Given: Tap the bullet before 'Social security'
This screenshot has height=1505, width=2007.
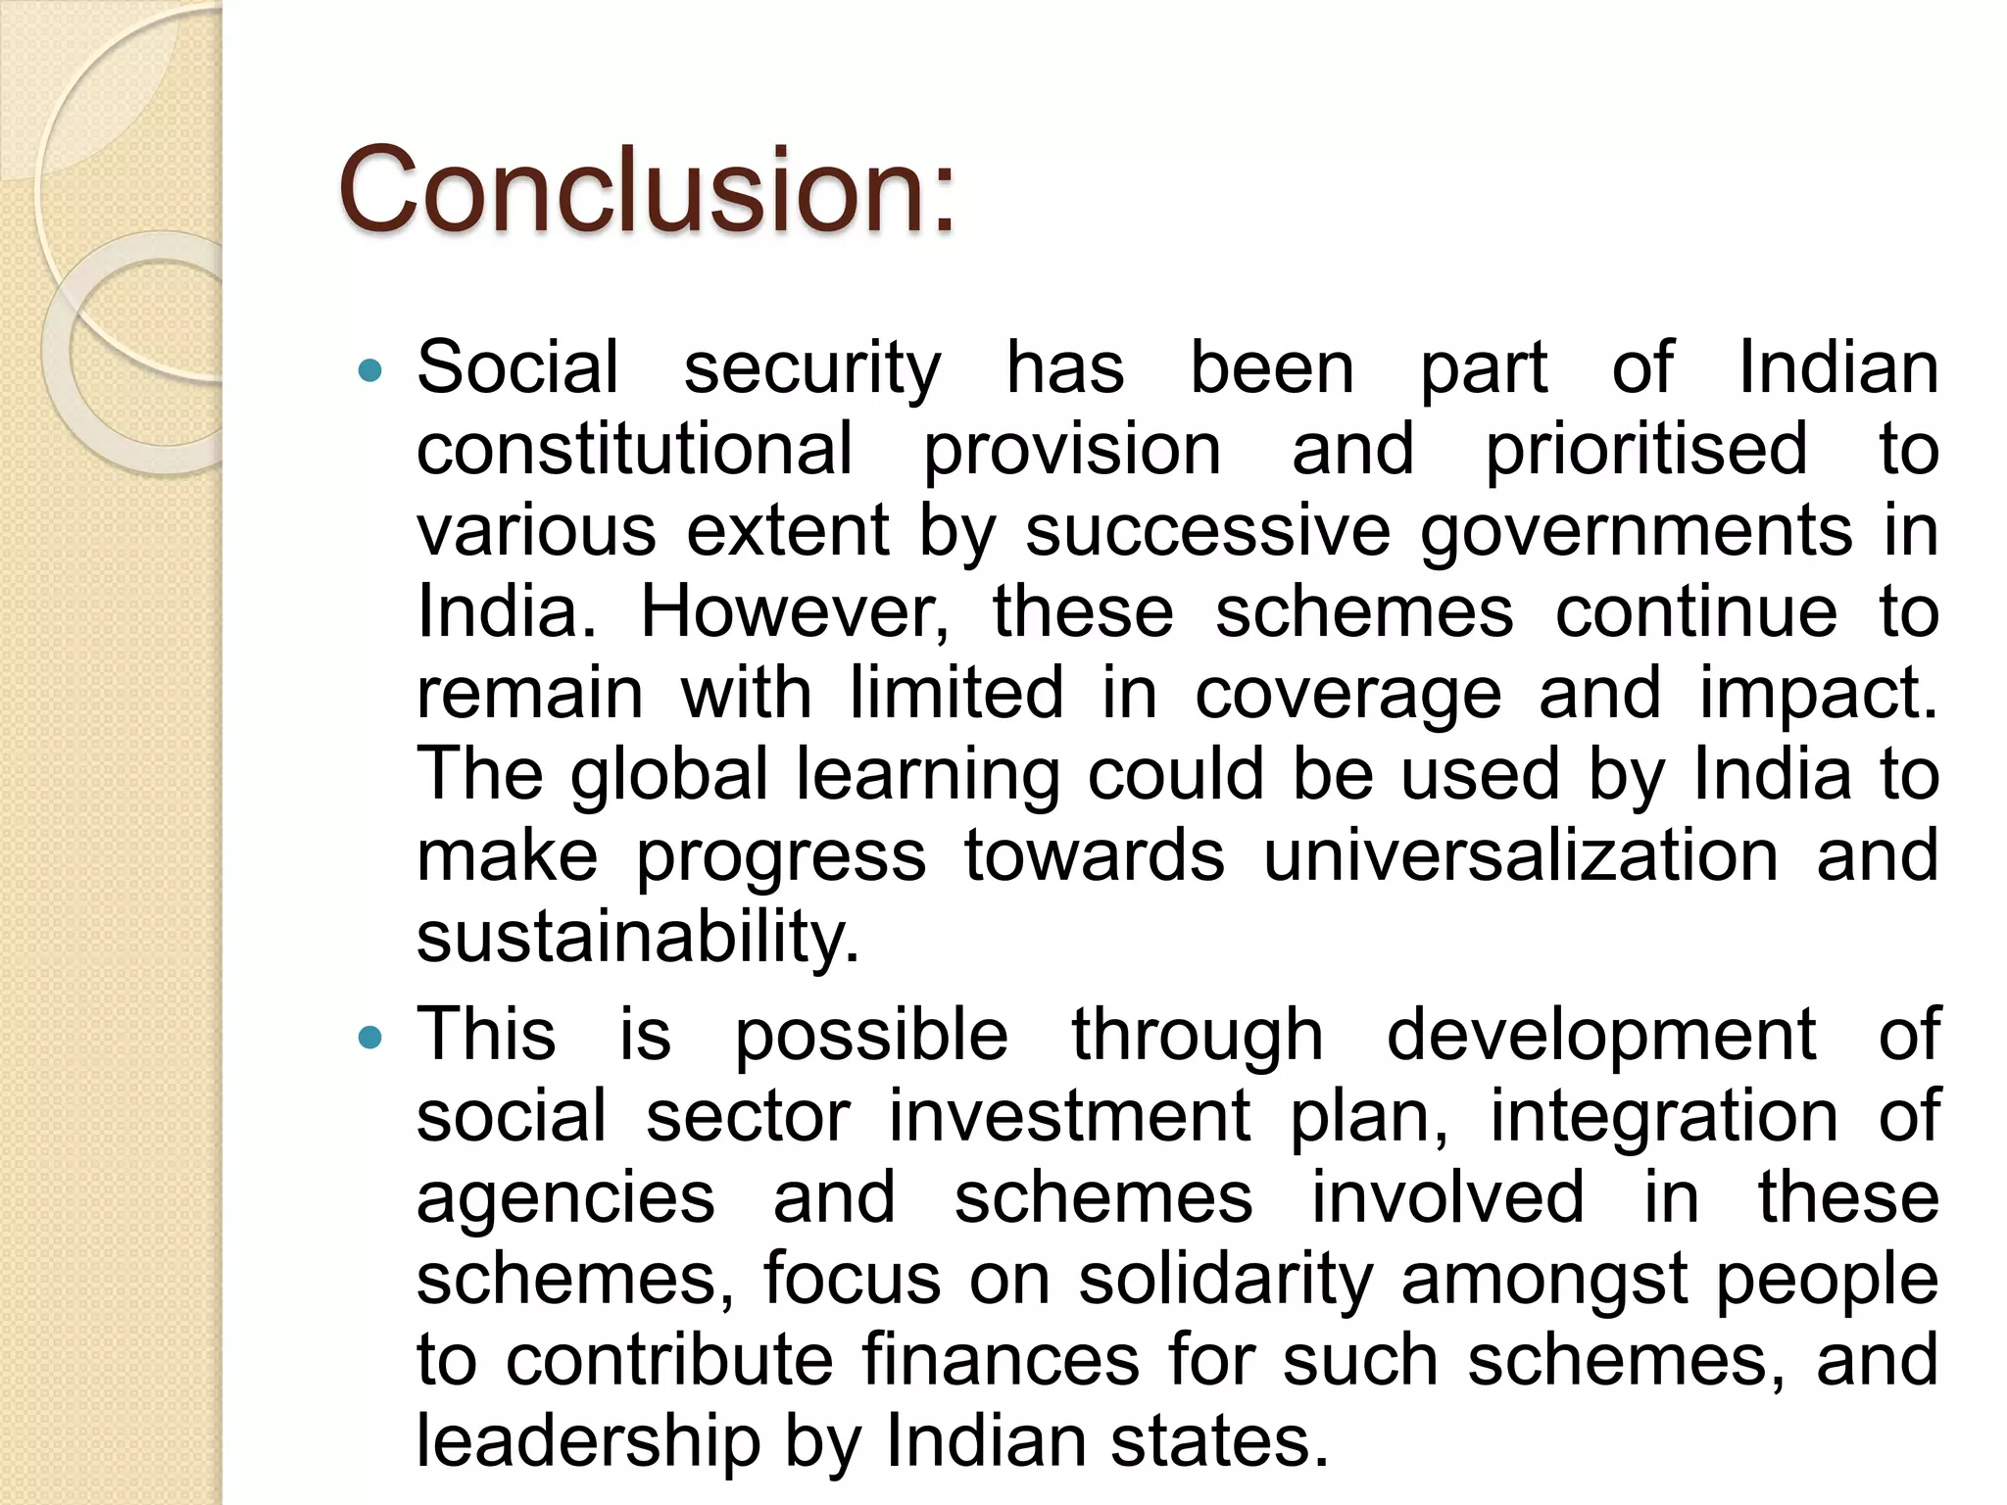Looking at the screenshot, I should point(370,370).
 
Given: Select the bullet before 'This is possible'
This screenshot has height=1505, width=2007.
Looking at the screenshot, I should point(370,1038).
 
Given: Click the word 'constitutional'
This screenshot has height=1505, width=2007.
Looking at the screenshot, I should point(634,449).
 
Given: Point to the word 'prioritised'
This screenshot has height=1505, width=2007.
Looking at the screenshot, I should point(1645,449).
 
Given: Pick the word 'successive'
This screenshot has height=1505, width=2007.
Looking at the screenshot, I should point(1207,530).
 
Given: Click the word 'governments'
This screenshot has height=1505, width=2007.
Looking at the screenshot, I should point(1636,530).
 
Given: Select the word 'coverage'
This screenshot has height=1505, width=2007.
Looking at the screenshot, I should point(1347,694).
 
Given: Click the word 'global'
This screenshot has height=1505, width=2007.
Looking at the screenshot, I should point(669,775).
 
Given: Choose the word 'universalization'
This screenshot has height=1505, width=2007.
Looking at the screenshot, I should point(1520,855).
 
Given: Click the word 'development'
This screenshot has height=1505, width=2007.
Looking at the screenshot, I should point(1600,1036).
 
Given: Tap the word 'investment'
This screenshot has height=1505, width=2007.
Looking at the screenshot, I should point(1069,1116).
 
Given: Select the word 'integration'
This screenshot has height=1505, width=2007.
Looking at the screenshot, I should point(1663,1116).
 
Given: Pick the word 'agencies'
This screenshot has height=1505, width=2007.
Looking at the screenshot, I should point(565,1198).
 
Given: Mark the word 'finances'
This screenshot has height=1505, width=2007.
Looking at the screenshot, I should point(1001,1360).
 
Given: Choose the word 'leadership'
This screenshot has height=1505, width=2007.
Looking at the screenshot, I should point(588,1441).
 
